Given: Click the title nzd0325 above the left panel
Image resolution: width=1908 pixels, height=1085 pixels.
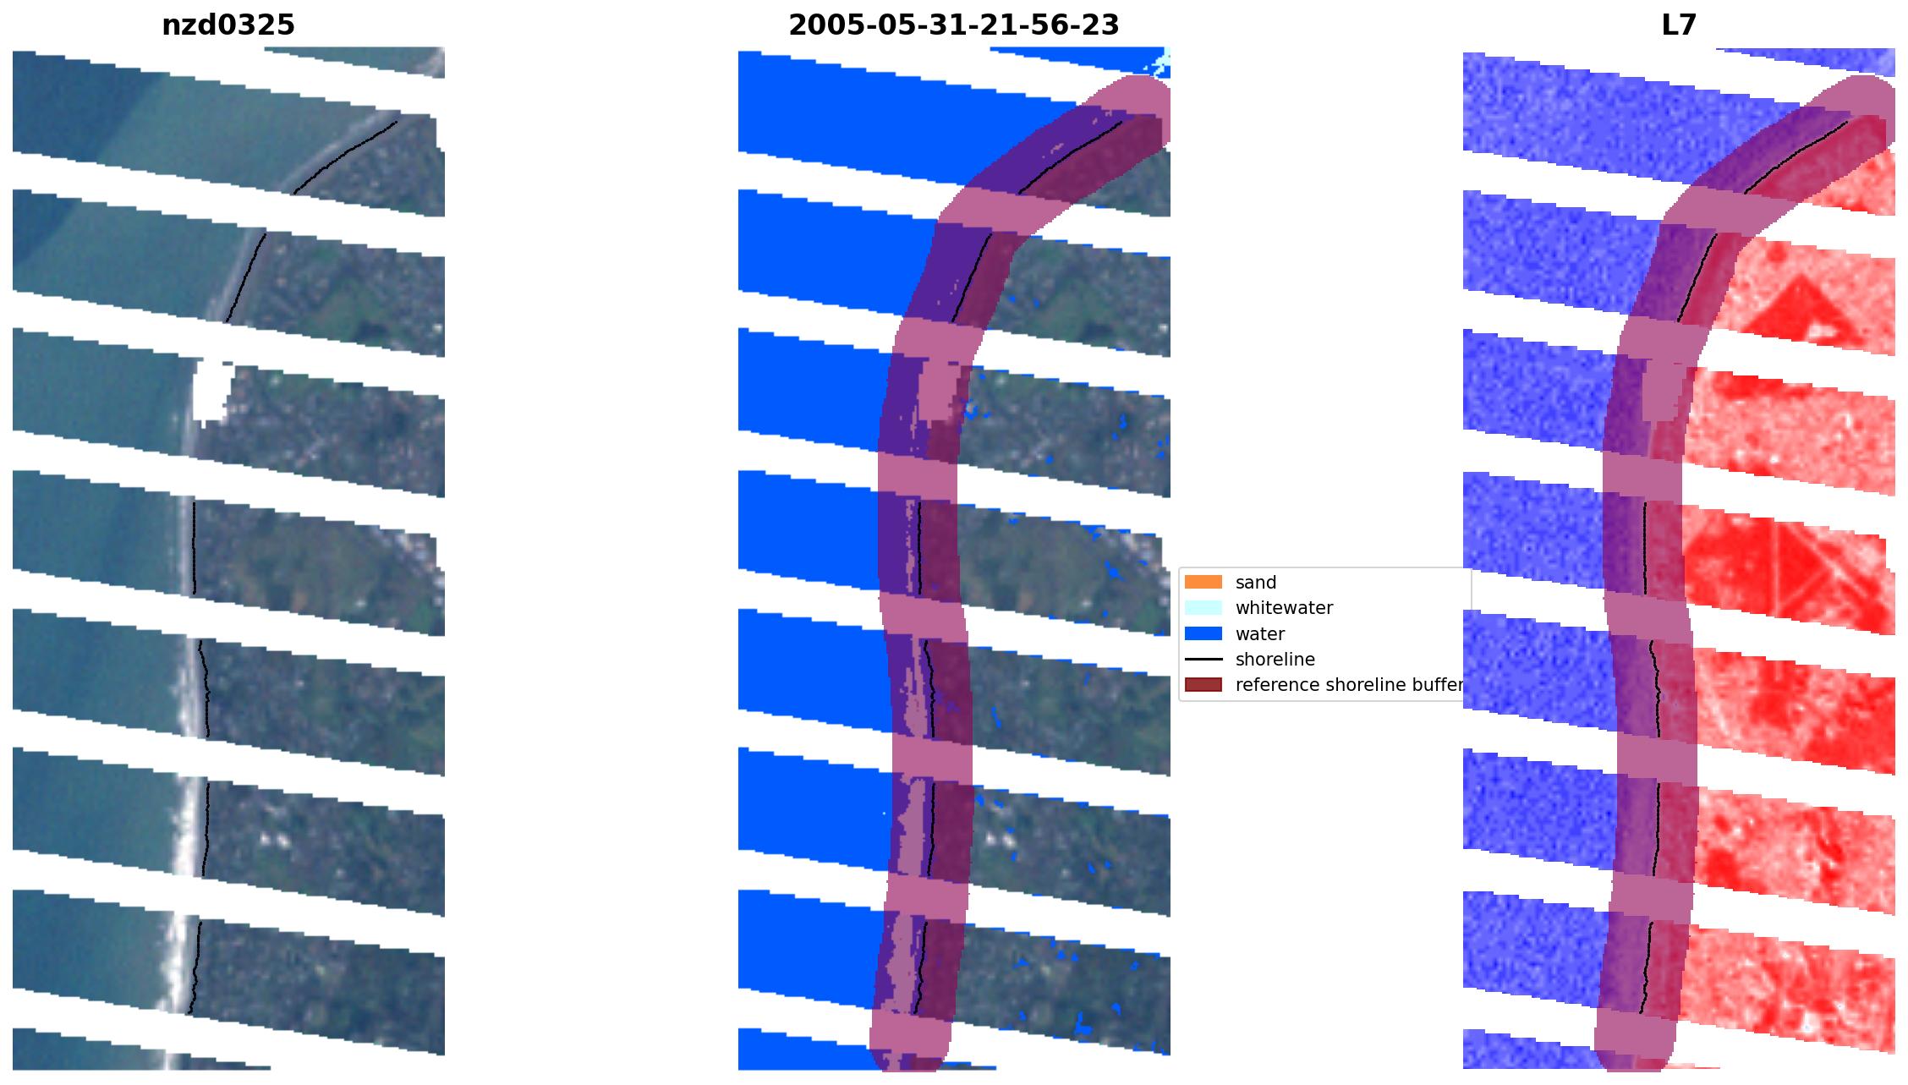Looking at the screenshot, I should (228, 25).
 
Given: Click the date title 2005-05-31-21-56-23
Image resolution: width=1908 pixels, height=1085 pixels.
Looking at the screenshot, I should (953, 25).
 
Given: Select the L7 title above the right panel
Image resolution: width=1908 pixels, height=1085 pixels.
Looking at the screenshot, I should (1679, 25).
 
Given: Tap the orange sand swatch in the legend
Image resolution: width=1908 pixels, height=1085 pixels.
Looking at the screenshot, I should (1203, 582).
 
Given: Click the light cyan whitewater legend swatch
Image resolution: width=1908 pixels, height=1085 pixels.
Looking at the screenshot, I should (1203, 607).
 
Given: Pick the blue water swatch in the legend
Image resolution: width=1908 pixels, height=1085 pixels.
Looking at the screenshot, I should (1203, 633).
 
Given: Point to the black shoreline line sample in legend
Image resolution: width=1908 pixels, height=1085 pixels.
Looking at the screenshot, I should (1203, 659).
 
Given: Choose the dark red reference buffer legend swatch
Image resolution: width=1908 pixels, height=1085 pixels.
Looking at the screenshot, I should (1203, 685).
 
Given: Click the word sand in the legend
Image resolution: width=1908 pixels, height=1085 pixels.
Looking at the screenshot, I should (1256, 582).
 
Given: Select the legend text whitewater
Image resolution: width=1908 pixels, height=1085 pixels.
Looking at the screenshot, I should (1284, 607).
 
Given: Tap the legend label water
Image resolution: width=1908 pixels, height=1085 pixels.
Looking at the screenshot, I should (1260, 633).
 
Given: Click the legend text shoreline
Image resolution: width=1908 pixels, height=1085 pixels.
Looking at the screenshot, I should (1275, 659).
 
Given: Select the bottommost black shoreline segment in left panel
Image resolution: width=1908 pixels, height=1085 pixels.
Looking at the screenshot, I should (195, 968).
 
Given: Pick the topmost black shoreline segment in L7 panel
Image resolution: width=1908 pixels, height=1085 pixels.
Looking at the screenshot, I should (1796, 156).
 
